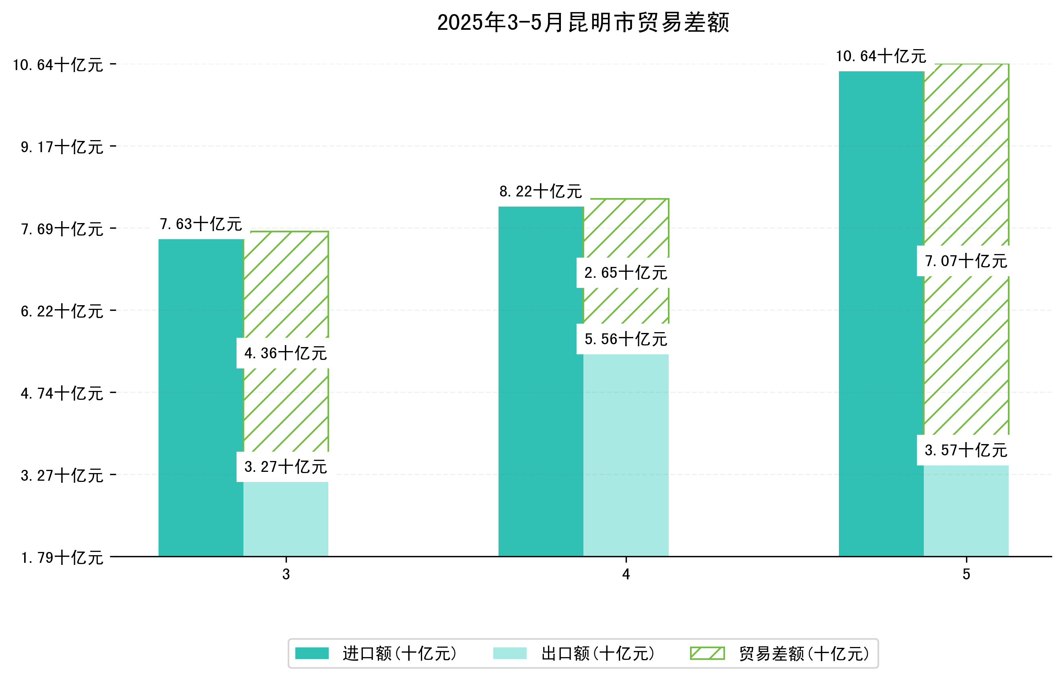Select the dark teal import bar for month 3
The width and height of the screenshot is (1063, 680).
[x=201, y=398]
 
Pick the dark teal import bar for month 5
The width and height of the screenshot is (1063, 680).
[x=881, y=314]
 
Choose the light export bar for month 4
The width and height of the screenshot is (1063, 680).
[x=626, y=455]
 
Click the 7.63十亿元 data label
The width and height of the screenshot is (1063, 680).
[x=201, y=224]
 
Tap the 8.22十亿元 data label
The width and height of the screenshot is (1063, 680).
[x=541, y=191]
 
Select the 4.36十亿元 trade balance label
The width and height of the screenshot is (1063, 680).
[x=286, y=353]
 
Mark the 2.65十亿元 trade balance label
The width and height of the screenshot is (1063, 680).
[x=626, y=273]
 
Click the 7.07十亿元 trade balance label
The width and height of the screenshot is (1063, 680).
[x=966, y=261]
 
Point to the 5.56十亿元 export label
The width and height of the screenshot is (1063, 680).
[x=626, y=339]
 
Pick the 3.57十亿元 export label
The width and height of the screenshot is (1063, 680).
[x=966, y=450]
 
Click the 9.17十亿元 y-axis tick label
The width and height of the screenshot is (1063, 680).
[x=62, y=147]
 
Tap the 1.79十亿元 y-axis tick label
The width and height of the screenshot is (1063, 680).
[x=62, y=558]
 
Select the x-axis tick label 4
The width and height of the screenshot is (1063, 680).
[x=626, y=575]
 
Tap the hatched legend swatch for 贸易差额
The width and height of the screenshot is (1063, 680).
[x=707, y=653]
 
